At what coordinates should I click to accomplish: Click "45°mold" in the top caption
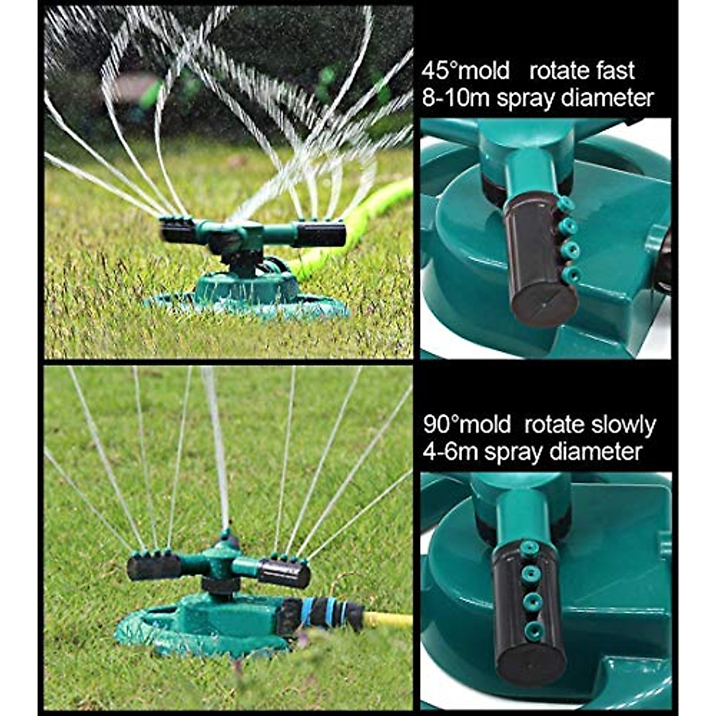(x=466, y=71)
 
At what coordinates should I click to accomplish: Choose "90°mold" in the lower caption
(x=467, y=425)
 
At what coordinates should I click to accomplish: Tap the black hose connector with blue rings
(x=322, y=613)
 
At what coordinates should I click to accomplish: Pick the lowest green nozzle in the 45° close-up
(x=571, y=274)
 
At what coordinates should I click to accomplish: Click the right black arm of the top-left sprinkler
(x=320, y=234)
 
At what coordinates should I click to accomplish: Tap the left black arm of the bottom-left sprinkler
(x=153, y=567)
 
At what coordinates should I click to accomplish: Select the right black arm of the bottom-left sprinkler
(x=285, y=573)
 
